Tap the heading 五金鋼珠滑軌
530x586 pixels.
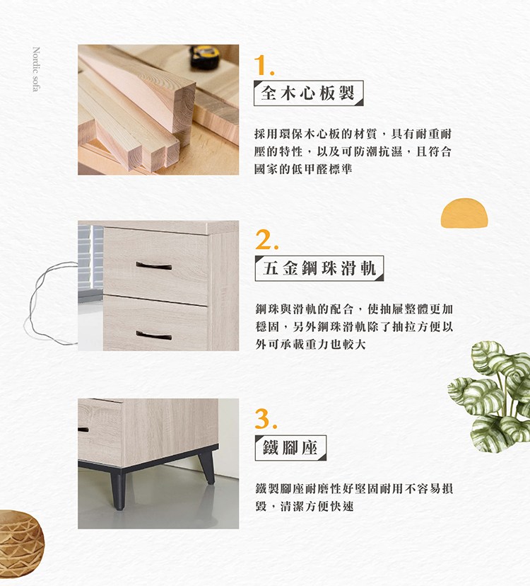point(319,268)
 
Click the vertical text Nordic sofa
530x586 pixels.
point(37,71)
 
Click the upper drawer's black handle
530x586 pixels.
point(154,265)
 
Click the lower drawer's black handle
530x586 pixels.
point(154,334)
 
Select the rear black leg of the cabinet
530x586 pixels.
point(206,466)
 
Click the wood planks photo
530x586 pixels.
point(158,110)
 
